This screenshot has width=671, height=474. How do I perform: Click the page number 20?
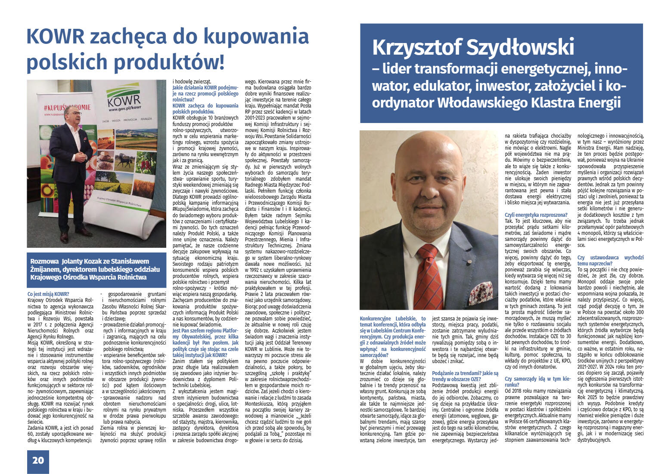(x=38, y=460)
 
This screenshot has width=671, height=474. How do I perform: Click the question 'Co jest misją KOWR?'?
(x=48, y=295)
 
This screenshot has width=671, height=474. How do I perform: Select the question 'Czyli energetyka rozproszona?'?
(x=536, y=215)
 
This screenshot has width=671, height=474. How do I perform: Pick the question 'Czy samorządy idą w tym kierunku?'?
(x=537, y=382)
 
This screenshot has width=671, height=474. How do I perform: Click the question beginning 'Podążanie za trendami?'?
(x=465, y=376)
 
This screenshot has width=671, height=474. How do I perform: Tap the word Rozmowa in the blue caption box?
(x=44, y=261)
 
